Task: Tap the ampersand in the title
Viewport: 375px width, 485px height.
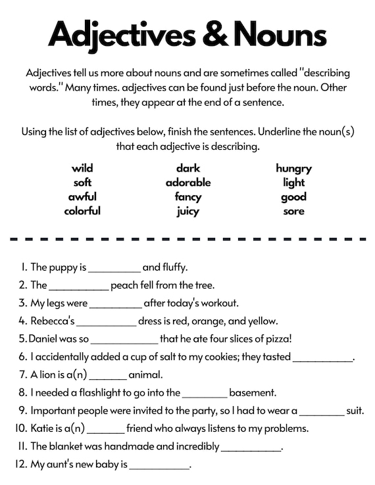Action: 213,34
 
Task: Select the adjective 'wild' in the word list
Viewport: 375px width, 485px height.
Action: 82,168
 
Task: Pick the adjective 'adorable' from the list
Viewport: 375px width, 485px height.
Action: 188,183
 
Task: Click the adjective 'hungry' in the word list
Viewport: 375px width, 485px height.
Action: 293,168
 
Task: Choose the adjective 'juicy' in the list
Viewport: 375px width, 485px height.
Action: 187,211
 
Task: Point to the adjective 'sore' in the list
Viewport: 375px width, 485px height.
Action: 293,211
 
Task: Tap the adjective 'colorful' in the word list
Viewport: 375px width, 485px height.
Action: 82,211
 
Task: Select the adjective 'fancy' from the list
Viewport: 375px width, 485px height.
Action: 187,196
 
